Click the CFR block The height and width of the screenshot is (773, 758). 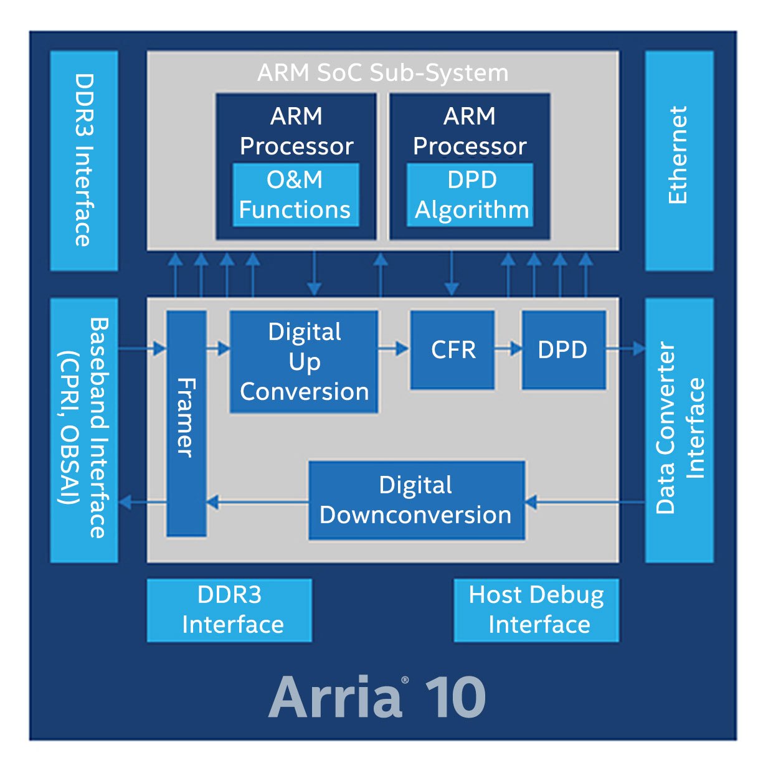452,350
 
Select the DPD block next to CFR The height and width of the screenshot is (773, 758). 563,350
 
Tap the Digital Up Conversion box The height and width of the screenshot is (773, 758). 304,361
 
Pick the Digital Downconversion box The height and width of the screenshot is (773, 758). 416,500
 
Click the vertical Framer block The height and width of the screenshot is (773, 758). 186,424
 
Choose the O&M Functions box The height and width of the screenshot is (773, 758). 295,194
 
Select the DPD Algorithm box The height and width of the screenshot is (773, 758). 470,194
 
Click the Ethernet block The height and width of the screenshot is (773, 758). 679,161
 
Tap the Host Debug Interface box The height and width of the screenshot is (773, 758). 536,610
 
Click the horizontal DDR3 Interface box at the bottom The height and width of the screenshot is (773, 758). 229,610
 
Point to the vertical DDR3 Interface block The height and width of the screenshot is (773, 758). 83,161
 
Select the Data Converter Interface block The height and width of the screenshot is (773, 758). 679,430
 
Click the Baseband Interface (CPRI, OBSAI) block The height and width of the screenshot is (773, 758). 83,430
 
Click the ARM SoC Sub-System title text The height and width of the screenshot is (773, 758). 382,73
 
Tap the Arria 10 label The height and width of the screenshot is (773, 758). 377,697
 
